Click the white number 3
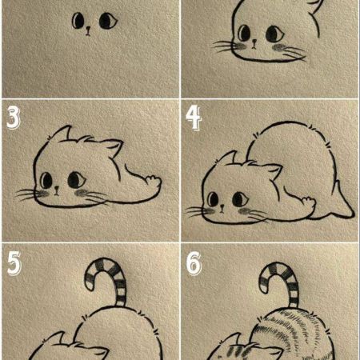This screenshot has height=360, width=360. (x=14, y=118)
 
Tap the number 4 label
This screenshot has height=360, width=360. (x=194, y=118)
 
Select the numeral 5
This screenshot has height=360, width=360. (x=14, y=263)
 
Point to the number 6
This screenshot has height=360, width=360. (x=194, y=263)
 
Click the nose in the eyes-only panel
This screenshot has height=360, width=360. (x=88, y=30)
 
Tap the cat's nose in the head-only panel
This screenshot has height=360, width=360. (x=254, y=43)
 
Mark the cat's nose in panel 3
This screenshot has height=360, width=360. (x=57, y=190)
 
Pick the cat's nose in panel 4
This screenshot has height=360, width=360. (x=222, y=208)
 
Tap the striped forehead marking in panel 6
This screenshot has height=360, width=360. (x=238, y=350)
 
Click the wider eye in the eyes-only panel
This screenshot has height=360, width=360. (x=108, y=21)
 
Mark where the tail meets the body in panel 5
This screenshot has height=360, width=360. (x=121, y=306)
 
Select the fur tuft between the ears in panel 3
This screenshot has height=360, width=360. (x=85, y=138)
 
